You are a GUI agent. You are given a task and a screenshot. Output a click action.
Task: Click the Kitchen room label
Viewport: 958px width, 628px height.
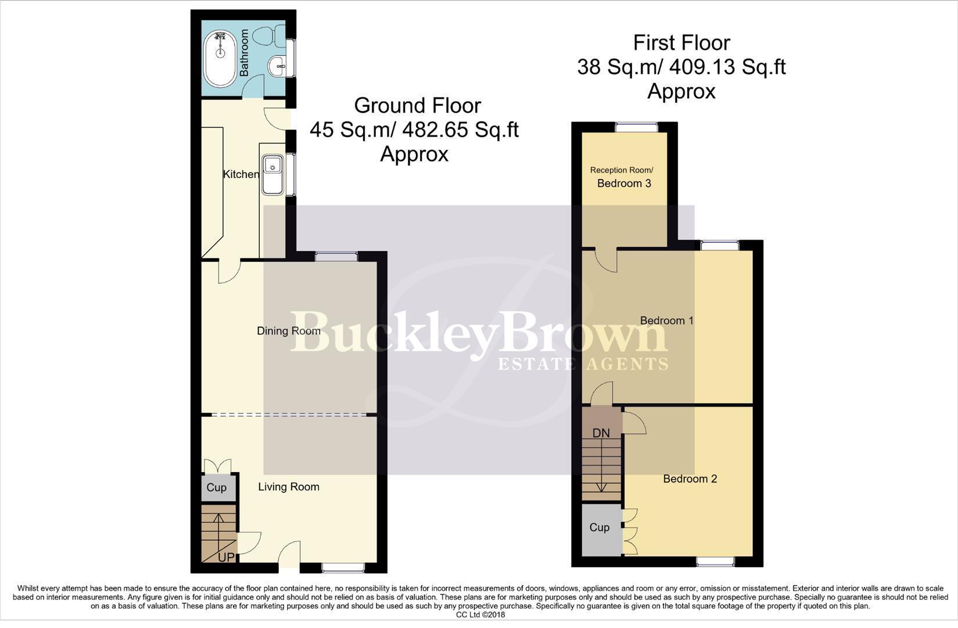tap(241, 174)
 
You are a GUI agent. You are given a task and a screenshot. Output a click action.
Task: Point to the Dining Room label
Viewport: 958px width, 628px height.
tap(289, 331)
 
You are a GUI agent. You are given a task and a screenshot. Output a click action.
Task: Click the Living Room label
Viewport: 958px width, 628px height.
tap(289, 487)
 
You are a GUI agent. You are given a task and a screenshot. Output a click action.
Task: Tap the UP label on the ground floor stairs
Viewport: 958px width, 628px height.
tap(226, 557)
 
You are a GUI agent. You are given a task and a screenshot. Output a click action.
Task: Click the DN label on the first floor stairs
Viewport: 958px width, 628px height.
tap(601, 433)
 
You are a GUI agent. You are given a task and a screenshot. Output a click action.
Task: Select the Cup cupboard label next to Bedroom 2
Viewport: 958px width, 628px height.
tap(600, 527)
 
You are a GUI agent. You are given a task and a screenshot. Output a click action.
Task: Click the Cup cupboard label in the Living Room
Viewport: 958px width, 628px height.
tap(217, 487)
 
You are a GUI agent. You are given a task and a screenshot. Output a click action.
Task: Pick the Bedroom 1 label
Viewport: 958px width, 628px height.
tap(666, 320)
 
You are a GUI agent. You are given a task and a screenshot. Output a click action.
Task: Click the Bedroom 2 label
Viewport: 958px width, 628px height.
tap(690, 479)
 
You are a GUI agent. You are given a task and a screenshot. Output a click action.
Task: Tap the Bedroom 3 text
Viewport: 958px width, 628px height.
tap(624, 183)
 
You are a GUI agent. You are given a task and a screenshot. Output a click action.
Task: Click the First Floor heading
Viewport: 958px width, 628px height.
tap(681, 42)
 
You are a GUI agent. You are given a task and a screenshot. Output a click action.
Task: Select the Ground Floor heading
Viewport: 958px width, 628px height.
tap(417, 105)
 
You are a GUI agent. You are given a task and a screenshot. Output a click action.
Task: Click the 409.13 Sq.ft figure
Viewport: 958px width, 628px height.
tap(727, 67)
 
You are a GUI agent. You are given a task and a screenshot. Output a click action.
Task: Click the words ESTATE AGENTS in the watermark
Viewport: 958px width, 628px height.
tap(583, 364)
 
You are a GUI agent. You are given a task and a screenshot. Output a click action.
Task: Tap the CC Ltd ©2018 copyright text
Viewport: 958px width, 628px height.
tap(480, 615)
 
